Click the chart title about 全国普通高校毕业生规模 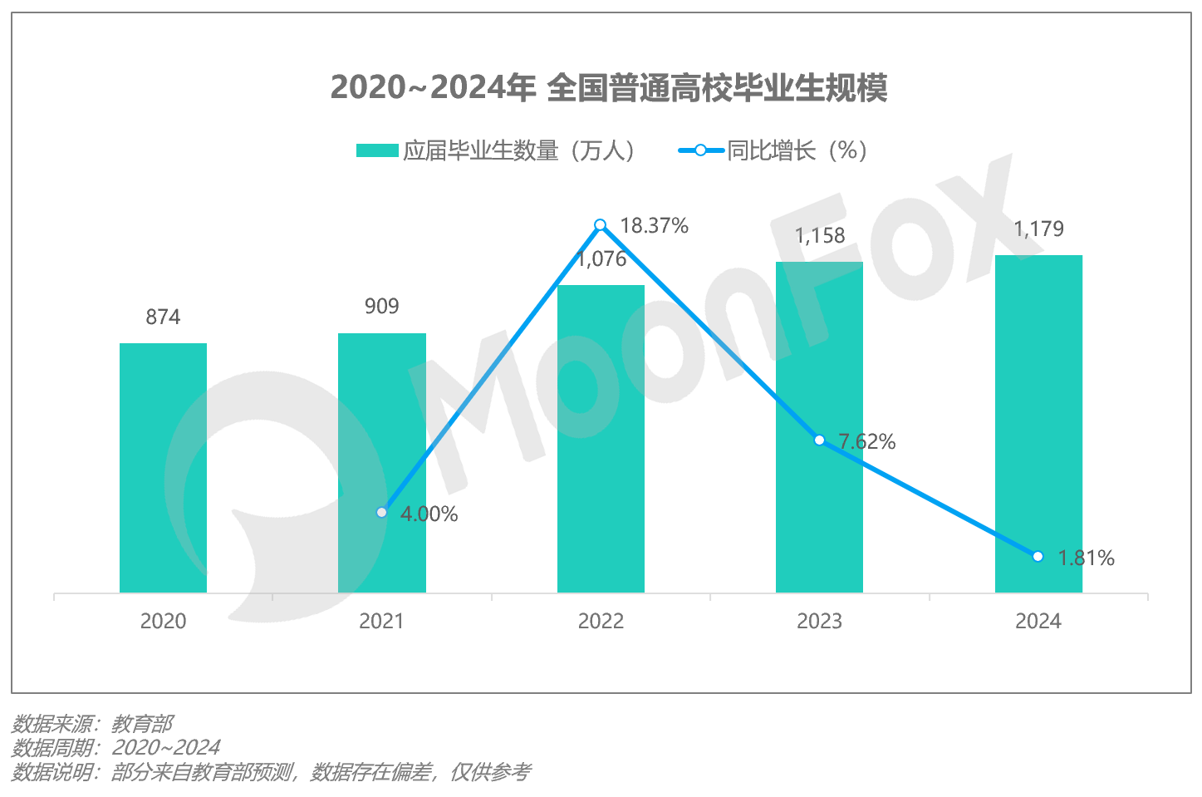(x=609, y=87)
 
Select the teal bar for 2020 (x=163, y=467)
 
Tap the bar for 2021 (x=381, y=462)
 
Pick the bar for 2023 (x=819, y=426)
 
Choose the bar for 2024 (x=1038, y=423)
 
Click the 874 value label (x=163, y=317)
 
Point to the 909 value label (x=381, y=307)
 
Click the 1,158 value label (x=820, y=236)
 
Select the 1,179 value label (x=1038, y=229)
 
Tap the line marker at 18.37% (x=601, y=225)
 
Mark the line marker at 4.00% (x=381, y=512)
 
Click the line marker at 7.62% (x=819, y=440)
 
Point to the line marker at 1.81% (x=1038, y=556)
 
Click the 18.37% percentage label (x=654, y=226)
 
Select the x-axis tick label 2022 (x=601, y=622)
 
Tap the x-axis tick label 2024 (x=1038, y=622)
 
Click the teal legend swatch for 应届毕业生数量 (x=377, y=150)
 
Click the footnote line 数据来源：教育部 (x=92, y=724)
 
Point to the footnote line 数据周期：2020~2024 (x=115, y=748)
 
